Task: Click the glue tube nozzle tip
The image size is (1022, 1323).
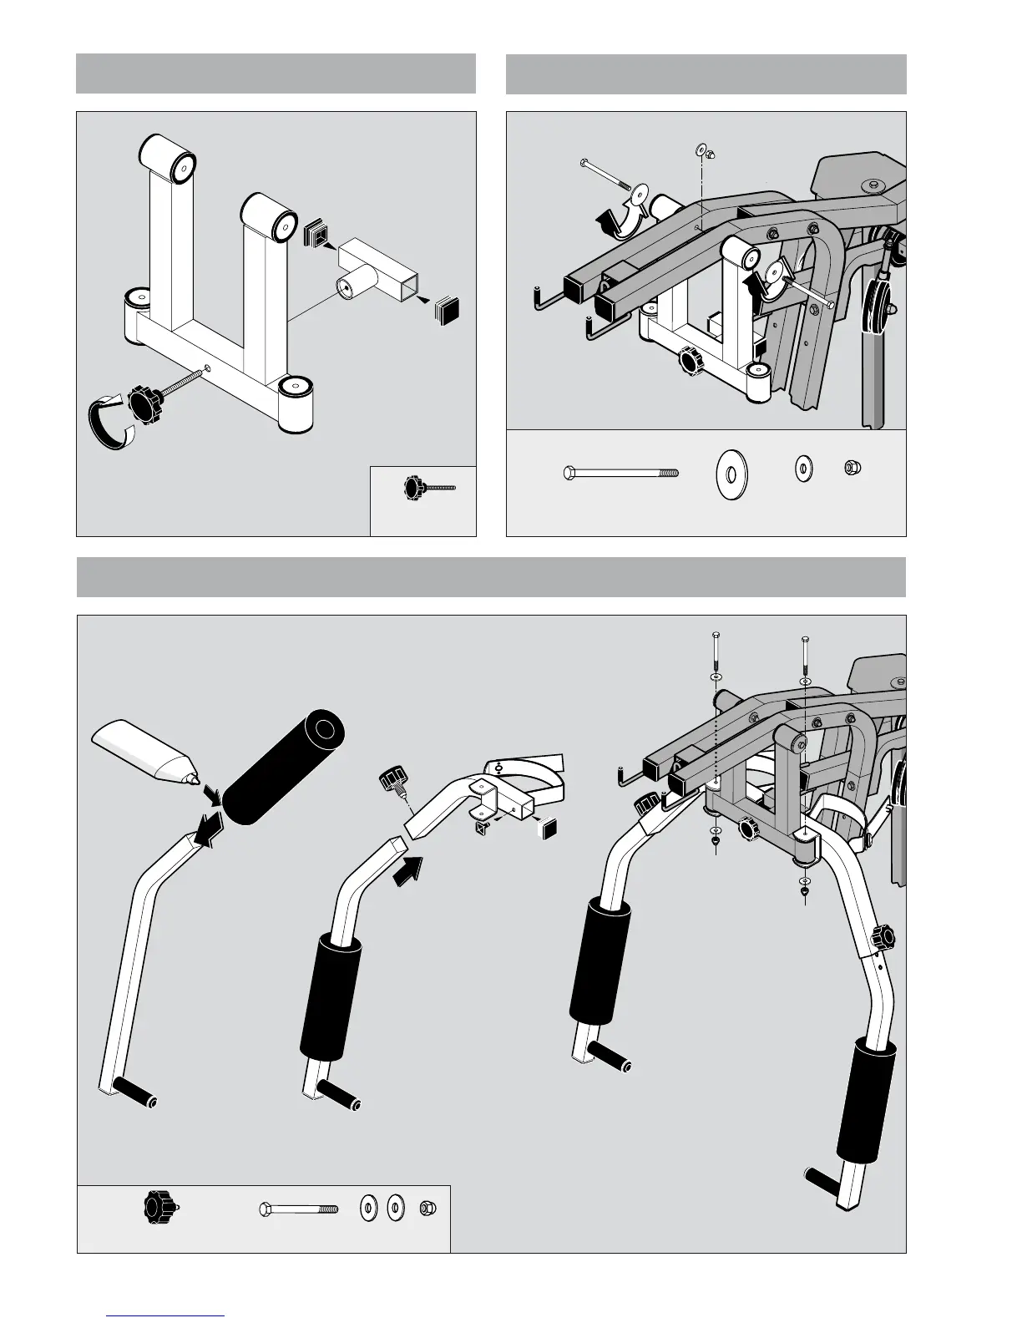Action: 196,780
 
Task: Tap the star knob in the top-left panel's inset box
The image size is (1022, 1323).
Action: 414,485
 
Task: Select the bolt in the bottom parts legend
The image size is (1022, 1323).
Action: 298,1208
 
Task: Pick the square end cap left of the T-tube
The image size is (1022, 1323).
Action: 316,234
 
